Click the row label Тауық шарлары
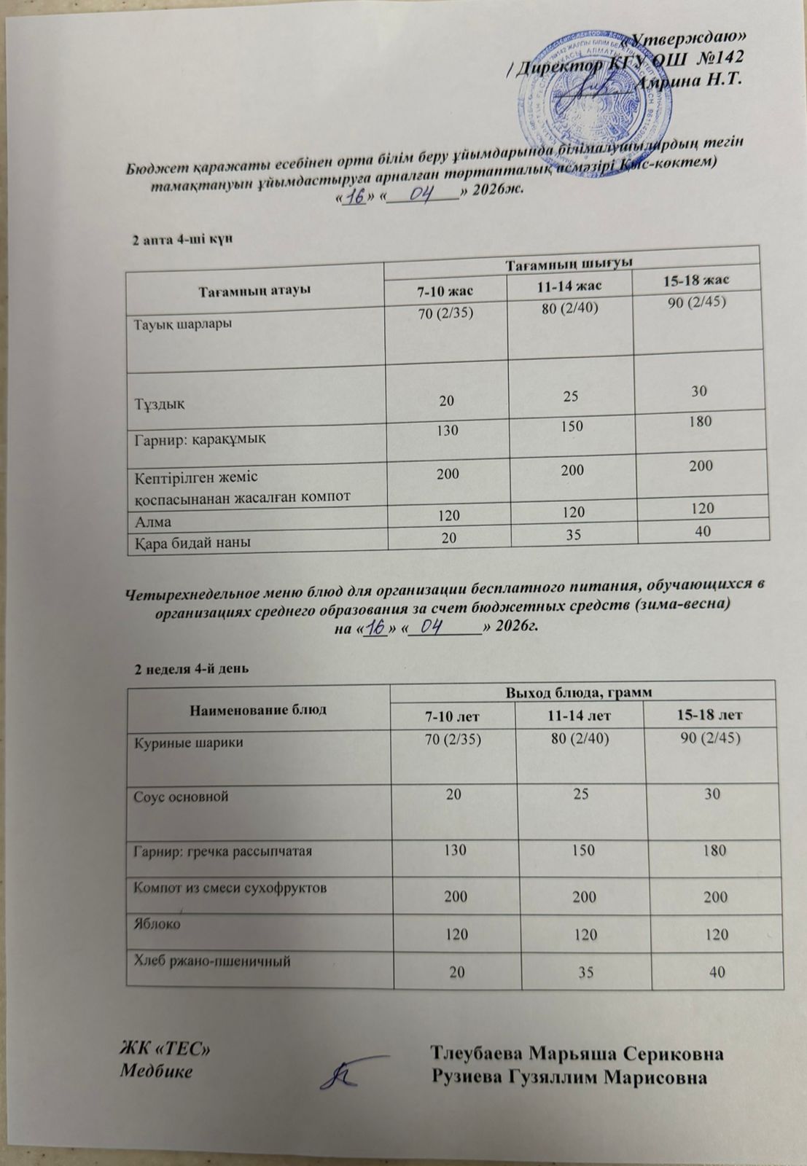click(x=182, y=324)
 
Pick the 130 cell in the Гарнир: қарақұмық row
click(x=447, y=430)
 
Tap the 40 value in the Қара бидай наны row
click(x=703, y=532)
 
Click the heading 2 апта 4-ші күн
click(x=182, y=240)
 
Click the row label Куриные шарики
click(x=188, y=743)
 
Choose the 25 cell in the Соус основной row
click(x=575, y=794)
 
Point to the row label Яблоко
click(x=157, y=923)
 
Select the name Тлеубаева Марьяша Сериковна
click(x=577, y=1055)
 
